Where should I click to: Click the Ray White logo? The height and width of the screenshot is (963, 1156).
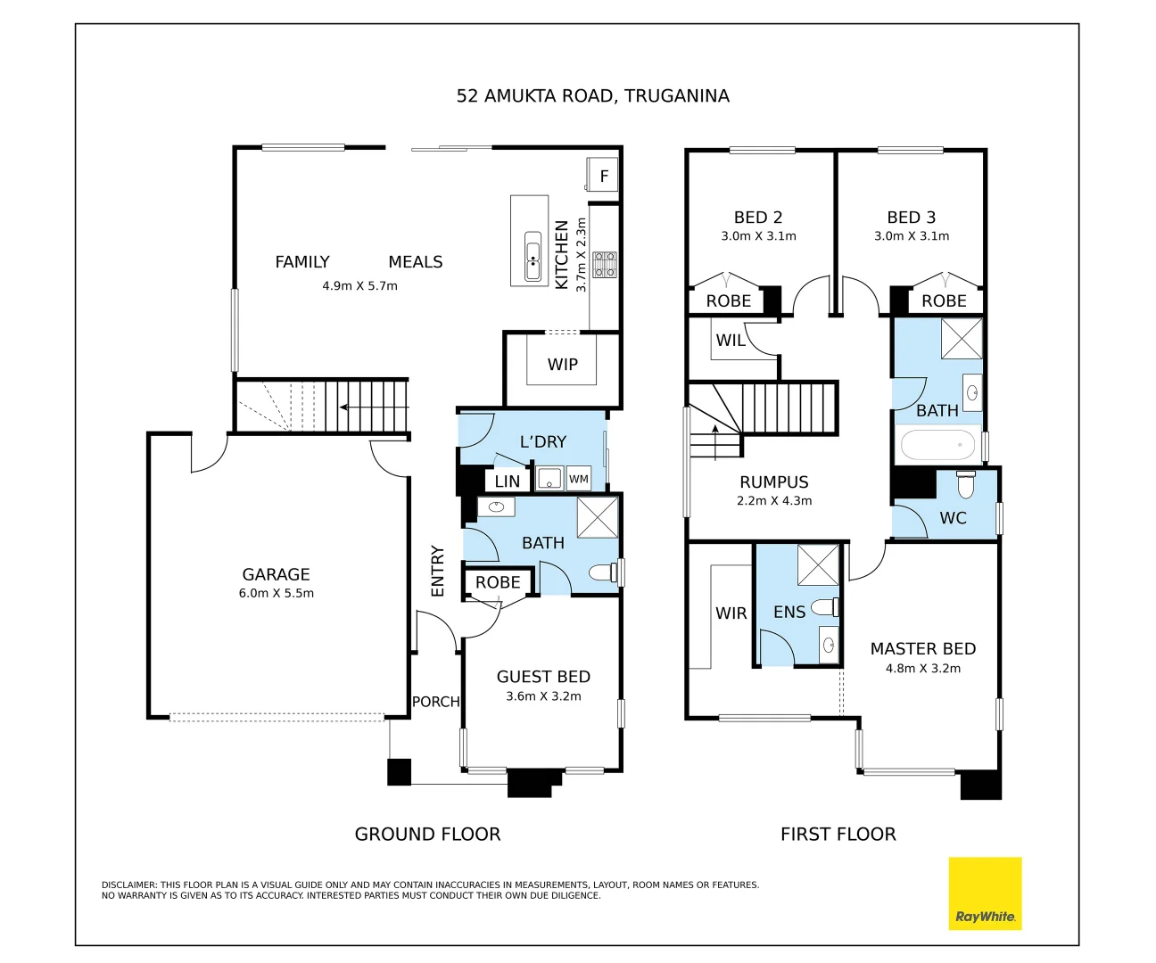coord(985,893)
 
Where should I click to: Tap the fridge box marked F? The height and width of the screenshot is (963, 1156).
coord(602,175)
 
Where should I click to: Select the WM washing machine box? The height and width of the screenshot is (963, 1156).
coord(579,479)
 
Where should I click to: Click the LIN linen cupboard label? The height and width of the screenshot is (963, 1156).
coord(508,481)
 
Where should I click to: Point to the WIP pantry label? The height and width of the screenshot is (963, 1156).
coord(563,364)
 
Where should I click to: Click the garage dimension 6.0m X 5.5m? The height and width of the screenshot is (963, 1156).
coord(277,593)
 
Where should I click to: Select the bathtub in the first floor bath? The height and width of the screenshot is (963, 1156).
coord(937,445)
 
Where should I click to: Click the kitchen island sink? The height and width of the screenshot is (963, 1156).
coord(533,256)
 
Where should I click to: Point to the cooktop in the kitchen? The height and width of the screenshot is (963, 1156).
coord(605,265)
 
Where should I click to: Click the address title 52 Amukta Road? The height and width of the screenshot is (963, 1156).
coord(592,95)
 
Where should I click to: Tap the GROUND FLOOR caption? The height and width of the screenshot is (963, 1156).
coord(427,834)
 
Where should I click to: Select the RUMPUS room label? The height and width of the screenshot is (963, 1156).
coord(774,482)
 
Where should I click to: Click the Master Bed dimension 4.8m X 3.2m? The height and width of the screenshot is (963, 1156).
coord(923,668)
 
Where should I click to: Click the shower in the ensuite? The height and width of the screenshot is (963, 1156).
coord(818,564)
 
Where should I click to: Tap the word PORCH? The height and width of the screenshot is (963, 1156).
coord(435,702)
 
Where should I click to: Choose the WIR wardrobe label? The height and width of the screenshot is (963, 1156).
coord(731,613)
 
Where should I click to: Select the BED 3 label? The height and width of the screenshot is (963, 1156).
coord(912,218)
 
